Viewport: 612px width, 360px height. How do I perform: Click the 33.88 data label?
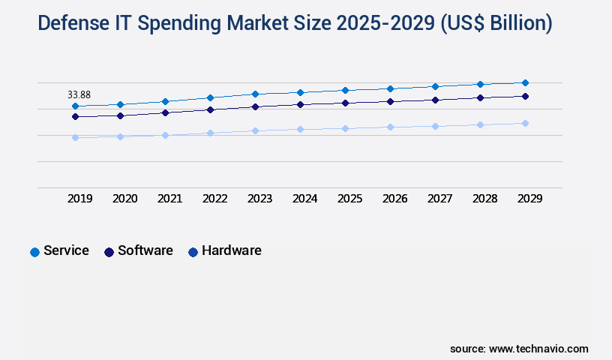click(x=79, y=94)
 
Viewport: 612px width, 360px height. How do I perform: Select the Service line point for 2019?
click(x=75, y=106)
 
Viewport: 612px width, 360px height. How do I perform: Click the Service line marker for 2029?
click(x=525, y=82)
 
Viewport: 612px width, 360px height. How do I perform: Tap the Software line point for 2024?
click(x=300, y=104)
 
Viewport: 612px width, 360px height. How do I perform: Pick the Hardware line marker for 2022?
click(x=210, y=133)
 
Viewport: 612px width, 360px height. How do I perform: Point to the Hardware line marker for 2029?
click(x=525, y=123)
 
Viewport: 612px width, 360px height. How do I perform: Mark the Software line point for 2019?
click(x=75, y=116)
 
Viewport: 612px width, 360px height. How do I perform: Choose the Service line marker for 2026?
click(x=390, y=88)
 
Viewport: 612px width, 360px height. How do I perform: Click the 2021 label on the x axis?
click(x=169, y=199)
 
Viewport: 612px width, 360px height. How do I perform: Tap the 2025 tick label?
click(x=349, y=199)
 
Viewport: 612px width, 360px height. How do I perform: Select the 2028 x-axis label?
click(x=484, y=199)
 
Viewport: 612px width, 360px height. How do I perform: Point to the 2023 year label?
click(x=259, y=199)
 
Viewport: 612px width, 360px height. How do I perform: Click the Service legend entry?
click(x=59, y=251)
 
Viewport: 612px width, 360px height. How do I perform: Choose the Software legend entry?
click(x=138, y=251)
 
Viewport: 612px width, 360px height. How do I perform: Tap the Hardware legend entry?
click(x=224, y=251)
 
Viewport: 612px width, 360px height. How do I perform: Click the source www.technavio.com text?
click(x=519, y=349)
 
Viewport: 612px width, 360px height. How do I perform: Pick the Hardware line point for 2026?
click(x=390, y=127)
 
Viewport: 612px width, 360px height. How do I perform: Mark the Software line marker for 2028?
click(x=480, y=97)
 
